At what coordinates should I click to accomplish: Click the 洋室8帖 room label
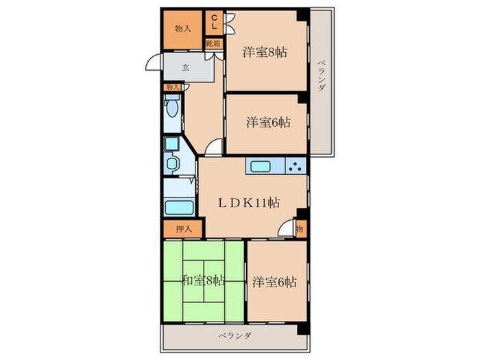tap(265, 52)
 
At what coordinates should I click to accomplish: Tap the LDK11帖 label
tap(248, 203)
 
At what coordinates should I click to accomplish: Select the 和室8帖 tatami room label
tap(203, 280)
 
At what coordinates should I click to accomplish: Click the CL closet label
tap(214, 22)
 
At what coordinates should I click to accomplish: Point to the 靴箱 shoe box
tap(213, 44)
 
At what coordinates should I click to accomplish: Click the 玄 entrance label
tap(186, 67)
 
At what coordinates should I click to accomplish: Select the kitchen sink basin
tap(260, 166)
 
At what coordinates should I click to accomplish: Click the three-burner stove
tap(296, 166)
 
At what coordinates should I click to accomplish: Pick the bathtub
tap(180, 207)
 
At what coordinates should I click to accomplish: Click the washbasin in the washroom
tap(172, 164)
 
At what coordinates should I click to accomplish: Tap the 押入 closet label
tap(184, 228)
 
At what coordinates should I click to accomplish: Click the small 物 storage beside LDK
tap(300, 228)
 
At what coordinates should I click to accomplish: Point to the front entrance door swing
tap(152, 62)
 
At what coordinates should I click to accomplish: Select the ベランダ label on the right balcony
tap(321, 75)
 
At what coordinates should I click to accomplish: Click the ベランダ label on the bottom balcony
tap(235, 336)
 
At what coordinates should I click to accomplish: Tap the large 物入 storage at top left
tap(183, 29)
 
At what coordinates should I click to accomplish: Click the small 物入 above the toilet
tap(173, 87)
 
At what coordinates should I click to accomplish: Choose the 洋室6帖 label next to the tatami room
tap(274, 282)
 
